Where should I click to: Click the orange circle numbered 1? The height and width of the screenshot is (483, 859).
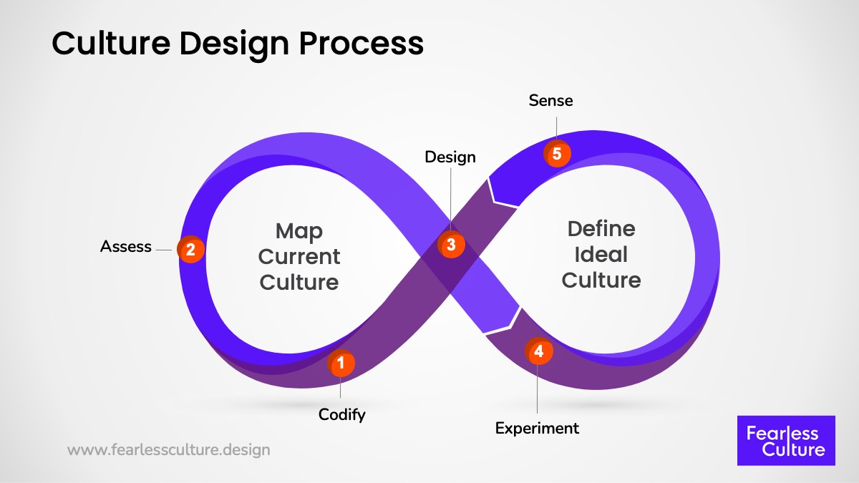click(341, 363)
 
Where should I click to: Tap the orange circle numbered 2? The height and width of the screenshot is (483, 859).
click(190, 250)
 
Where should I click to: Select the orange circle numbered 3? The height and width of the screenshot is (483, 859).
click(451, 245)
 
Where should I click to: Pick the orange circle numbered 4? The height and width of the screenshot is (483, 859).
click(538, 351)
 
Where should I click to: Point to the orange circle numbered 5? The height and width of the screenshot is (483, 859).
click(557, 153)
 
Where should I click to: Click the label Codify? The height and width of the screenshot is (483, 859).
click(342, 414)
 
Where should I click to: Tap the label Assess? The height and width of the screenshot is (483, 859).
click(126, 247)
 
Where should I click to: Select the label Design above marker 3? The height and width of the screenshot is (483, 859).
click(450, 157)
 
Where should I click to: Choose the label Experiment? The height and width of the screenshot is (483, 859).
click(537, 428)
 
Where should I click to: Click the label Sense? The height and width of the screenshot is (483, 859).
click(551, 101)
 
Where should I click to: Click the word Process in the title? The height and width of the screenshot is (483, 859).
click(361, 44)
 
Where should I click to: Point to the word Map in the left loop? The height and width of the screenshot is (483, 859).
click(299, 231)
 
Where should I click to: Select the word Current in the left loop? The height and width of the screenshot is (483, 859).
click(299, 256)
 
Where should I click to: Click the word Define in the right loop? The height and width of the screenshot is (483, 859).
click(601, 229)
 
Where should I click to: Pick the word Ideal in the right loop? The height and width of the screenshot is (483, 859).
click(601, 254)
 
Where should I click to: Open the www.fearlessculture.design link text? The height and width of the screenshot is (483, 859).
click(169, 450)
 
